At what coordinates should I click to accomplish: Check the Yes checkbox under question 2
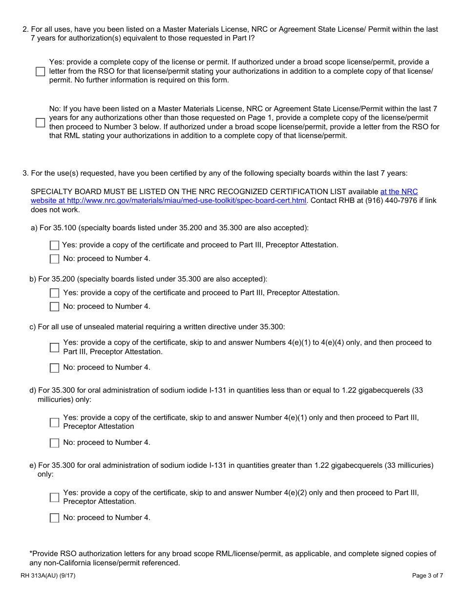point(40,71)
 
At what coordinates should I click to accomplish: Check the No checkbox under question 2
point(40,122)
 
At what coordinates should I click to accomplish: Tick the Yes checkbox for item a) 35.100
point(54,245)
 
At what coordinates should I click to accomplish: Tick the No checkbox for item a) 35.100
point(54,259)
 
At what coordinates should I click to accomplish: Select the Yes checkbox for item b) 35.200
point(54,293)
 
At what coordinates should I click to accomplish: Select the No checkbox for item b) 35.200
point(54,307)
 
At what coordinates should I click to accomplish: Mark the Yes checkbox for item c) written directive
point(54,347)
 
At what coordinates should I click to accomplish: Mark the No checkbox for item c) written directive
point(54,368)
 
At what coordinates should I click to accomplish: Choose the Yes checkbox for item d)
point(54,422)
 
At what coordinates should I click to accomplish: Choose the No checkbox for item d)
point(54,443)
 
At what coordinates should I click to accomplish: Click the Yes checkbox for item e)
point(54,498)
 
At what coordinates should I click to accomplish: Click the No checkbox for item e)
point(54,518)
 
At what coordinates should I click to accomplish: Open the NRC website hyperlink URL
point(169,200)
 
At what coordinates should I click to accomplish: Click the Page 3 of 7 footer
point(427,576)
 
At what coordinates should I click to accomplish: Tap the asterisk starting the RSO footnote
point(31,553)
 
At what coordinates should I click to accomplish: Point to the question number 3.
point(25,173)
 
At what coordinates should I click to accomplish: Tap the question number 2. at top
point(25,29)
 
